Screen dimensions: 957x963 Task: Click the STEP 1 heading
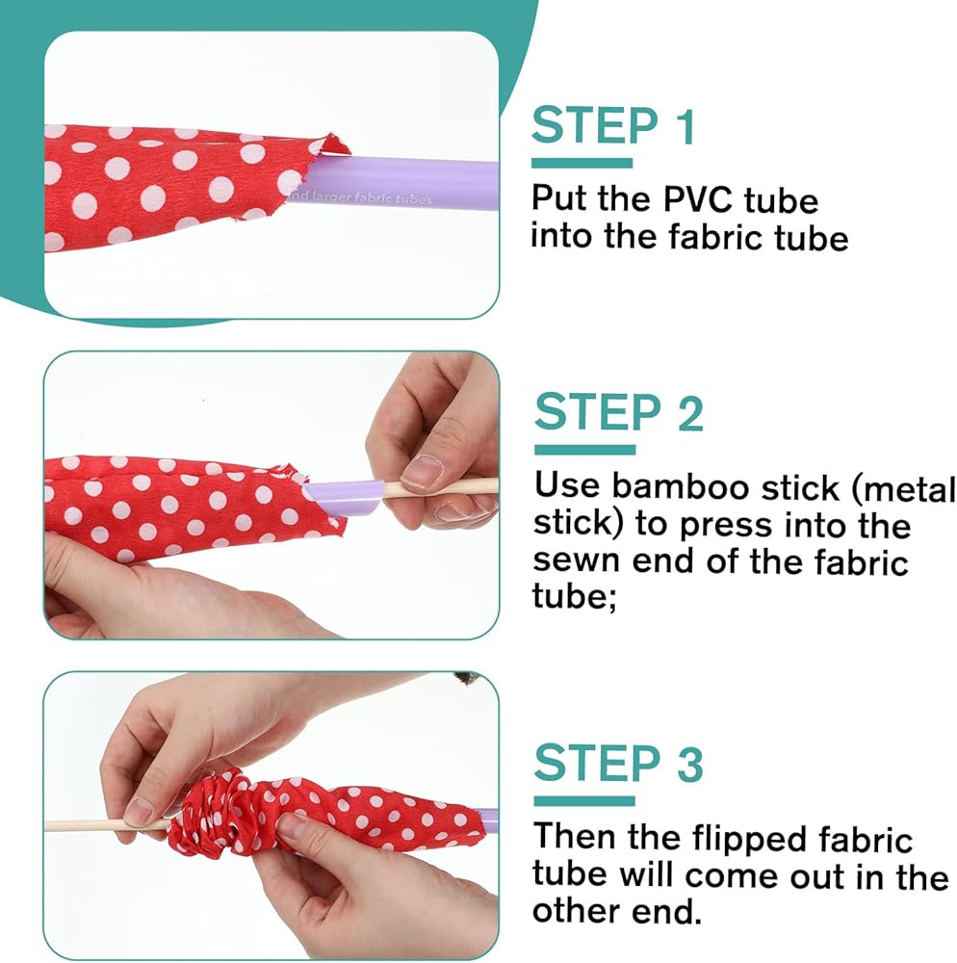click(613, 125)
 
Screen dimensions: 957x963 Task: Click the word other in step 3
click(576, 910)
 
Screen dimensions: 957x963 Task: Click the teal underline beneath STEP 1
click(582, 164)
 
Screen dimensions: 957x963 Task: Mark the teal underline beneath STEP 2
click(585, 450)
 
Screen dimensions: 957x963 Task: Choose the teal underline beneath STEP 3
click(584, 801)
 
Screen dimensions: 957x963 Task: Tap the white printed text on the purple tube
click(361, 197)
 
